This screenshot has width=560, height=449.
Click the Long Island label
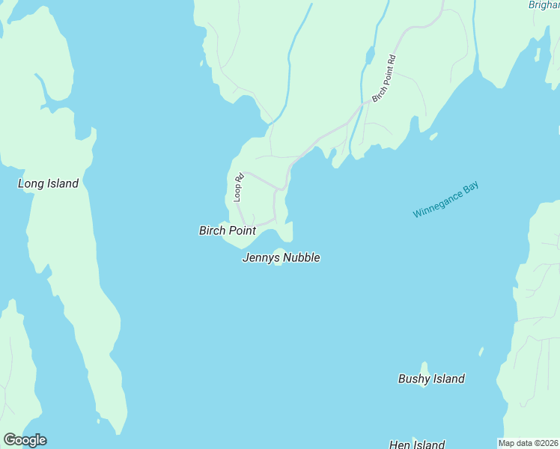48,183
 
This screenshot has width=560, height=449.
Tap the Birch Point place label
227,230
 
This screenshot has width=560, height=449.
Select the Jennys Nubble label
281,257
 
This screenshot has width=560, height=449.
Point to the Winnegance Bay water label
445,201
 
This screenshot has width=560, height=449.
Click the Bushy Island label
431,379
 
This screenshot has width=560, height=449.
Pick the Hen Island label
417,445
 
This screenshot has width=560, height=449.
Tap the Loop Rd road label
238,188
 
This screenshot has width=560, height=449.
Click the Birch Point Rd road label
383,79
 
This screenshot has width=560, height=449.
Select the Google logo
25,440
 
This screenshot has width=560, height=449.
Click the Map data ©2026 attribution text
528,443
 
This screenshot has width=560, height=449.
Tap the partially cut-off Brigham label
544,4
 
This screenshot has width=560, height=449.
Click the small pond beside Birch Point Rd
369,55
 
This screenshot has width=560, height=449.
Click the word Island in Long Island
61,183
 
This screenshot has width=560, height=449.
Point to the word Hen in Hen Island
400,445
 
